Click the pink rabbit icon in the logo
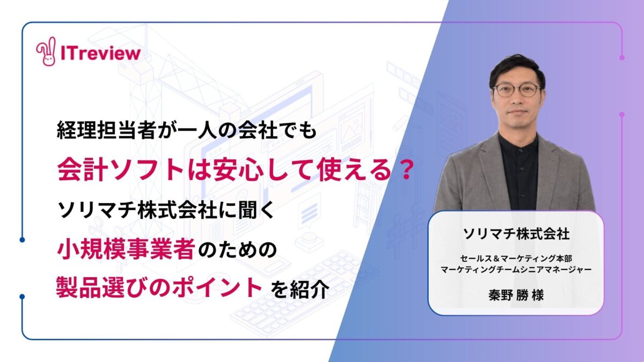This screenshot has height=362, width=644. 46,51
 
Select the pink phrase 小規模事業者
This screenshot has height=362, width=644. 126,249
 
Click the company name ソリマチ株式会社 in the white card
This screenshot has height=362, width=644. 516,234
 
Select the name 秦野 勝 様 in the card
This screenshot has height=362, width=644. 516,295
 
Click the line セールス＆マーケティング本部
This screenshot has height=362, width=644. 516,258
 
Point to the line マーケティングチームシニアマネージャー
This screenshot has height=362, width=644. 516,270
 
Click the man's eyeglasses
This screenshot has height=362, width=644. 517,90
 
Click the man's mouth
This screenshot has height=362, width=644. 517,112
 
